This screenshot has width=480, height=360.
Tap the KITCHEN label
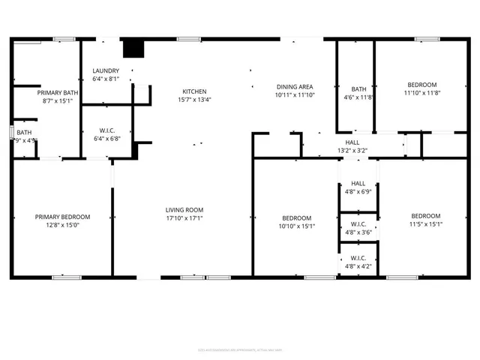point(194,91)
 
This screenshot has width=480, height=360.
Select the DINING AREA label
point(295,87)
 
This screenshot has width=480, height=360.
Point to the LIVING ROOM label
point(184,210)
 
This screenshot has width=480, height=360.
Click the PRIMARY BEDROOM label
point(62,217)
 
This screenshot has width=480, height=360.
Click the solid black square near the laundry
point(133,48)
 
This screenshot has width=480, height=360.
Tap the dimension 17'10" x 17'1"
point(184,218)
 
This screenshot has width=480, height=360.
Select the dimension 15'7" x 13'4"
point(194,100)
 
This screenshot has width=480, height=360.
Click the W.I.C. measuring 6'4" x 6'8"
point(106,133)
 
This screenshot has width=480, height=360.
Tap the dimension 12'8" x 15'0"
point(62,225)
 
